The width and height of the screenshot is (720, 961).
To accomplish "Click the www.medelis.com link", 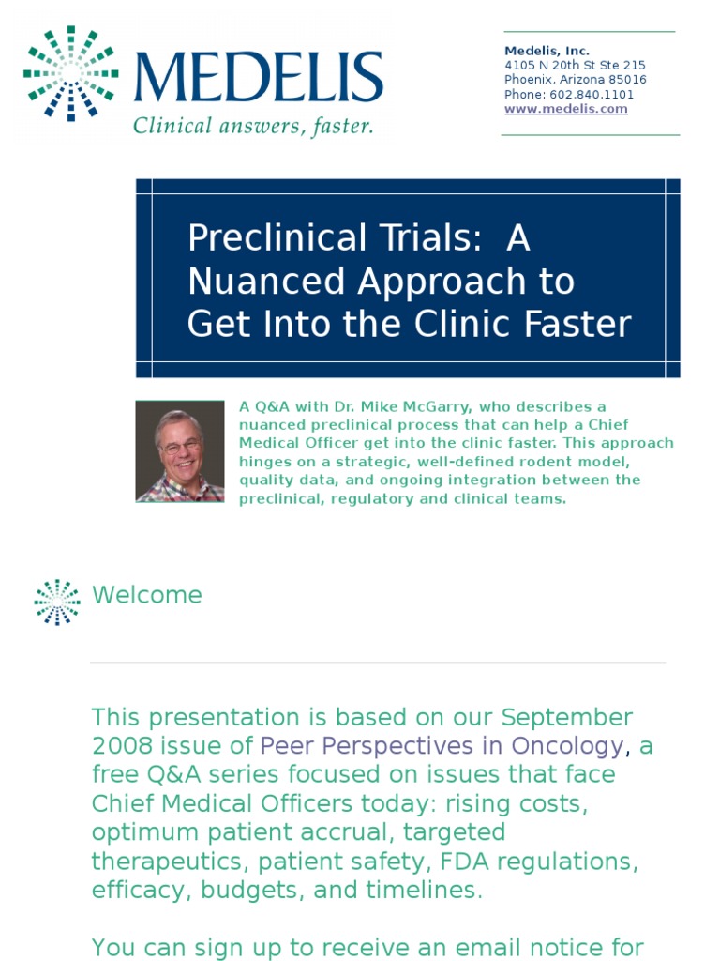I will [565, 109].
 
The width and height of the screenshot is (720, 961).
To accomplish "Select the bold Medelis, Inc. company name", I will [547, 51].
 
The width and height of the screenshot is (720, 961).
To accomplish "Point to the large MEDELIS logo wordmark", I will [258, 78].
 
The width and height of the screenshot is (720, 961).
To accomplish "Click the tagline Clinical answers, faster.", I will [253, 126].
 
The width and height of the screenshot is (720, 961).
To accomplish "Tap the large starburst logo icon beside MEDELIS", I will [71, 73].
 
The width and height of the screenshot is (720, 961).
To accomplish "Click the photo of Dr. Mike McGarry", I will [180, 451].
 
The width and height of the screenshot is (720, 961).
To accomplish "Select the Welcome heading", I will [147, 595].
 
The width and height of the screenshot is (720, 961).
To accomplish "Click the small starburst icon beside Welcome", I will [57, 602].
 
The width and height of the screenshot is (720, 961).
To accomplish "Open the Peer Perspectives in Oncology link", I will [441, 746].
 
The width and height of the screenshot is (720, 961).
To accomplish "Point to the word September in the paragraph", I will [566, 718].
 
